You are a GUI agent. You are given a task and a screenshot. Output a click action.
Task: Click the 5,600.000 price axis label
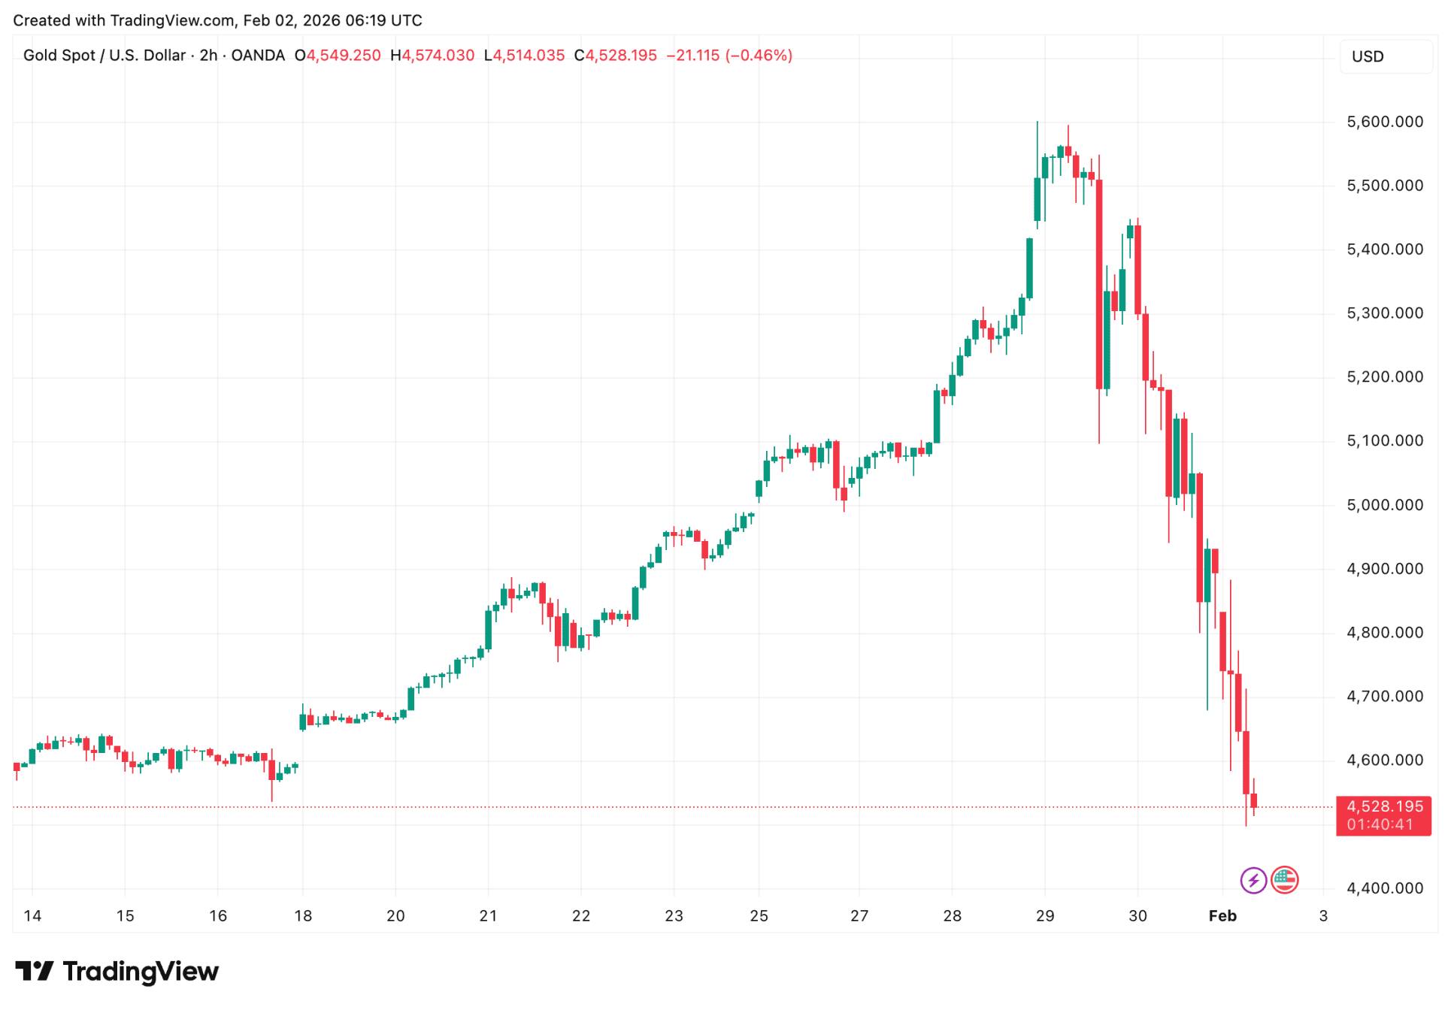tap(1384, 122)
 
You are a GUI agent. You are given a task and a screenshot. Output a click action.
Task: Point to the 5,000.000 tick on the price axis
tap(1384, 505)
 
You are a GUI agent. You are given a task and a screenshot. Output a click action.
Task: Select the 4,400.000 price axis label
tap(1384, 888)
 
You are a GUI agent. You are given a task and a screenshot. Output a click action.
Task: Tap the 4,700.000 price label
tap(1384, 697)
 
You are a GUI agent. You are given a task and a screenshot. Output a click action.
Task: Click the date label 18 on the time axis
tap(303, 915)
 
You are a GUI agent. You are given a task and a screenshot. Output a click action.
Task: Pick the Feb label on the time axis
tap(1222, 915)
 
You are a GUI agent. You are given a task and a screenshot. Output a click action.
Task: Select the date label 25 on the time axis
tap(759, 915)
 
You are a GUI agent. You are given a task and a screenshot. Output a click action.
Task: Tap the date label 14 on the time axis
tap(32, 915)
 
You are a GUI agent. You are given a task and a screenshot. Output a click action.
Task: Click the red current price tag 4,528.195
tap(1384, 806)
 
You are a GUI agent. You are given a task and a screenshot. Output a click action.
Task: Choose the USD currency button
tap(1368, 56)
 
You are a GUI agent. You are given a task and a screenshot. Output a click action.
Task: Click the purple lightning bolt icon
tap(1253, 880)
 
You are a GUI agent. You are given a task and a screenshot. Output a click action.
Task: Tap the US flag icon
tap(1284, 879)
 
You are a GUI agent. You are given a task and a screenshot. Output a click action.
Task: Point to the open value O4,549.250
tap(338, 56)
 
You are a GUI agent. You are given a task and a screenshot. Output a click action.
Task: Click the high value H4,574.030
tap(432, 56)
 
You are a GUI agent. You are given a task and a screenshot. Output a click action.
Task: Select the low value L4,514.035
tap(524, 56)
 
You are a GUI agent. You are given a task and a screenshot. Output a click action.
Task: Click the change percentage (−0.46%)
tap(759, 56)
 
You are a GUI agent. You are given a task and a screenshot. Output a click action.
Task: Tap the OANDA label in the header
tap(258, 56)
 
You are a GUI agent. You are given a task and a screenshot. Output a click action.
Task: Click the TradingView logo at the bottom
tap(117, 971)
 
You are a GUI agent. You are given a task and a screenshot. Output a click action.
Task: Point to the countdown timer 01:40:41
tap(1380, 824)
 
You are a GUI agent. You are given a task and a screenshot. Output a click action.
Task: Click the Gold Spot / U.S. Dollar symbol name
tap(104, 56)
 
